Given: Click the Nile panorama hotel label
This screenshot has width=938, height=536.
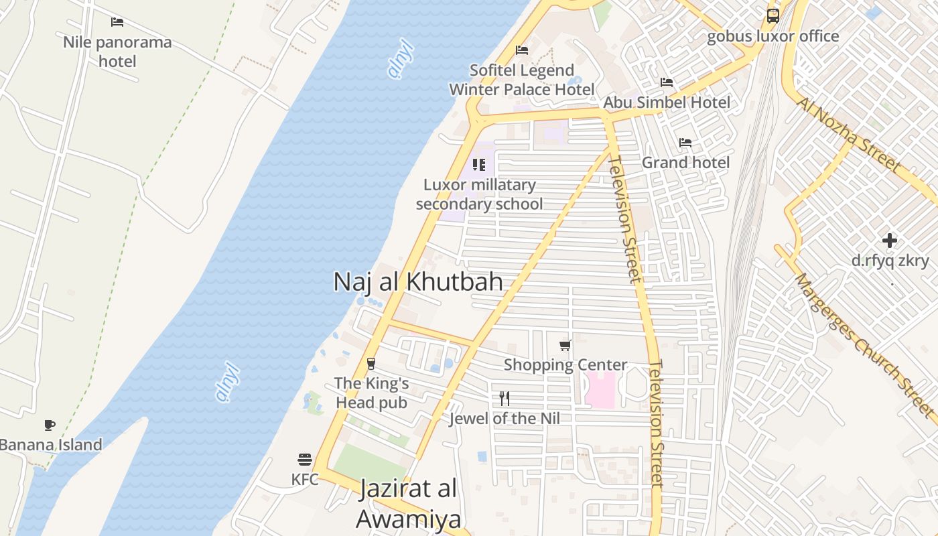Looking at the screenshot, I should tap(117, 52).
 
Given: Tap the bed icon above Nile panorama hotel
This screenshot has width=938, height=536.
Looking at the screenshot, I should tap(117, 22).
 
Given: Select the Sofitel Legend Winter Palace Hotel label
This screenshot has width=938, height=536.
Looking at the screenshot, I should tap(512, 80).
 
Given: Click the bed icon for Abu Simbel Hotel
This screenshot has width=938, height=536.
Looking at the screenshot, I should tap(667, 82).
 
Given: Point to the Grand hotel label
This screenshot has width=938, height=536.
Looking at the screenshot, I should tap(685, 162).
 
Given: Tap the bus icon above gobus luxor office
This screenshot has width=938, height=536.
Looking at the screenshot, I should tap(773, 15).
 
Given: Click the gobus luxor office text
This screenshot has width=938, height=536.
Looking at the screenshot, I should tap(773, 36).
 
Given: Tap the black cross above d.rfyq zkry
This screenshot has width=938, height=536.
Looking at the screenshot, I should tap(890, 241).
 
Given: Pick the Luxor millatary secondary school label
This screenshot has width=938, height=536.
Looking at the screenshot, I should tap(479, 194).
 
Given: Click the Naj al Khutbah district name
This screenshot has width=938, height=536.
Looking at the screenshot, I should tap(418, 281).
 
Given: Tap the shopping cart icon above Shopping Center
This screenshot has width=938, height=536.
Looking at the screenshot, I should tap(565, 346).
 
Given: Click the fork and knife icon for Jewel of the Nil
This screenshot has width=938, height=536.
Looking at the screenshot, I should tap(505, 399).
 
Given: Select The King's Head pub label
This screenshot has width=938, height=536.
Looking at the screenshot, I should tap(371, 393).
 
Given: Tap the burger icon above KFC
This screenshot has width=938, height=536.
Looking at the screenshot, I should tap(305, 460).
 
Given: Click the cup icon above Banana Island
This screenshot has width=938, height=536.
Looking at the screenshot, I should tap(50, 425).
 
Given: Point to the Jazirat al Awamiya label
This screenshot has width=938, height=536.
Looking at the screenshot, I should tap(408, 504).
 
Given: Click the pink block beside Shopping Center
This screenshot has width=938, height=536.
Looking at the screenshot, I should tap(600, 389).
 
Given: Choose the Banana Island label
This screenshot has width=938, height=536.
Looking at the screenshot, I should tap(51, 445).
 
